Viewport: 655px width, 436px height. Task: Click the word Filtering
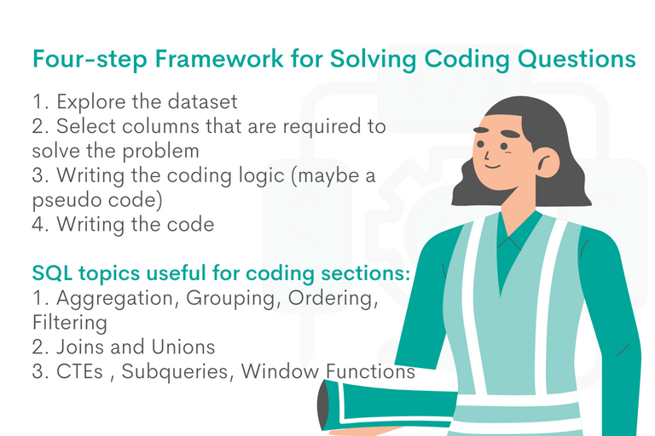[70, 324]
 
